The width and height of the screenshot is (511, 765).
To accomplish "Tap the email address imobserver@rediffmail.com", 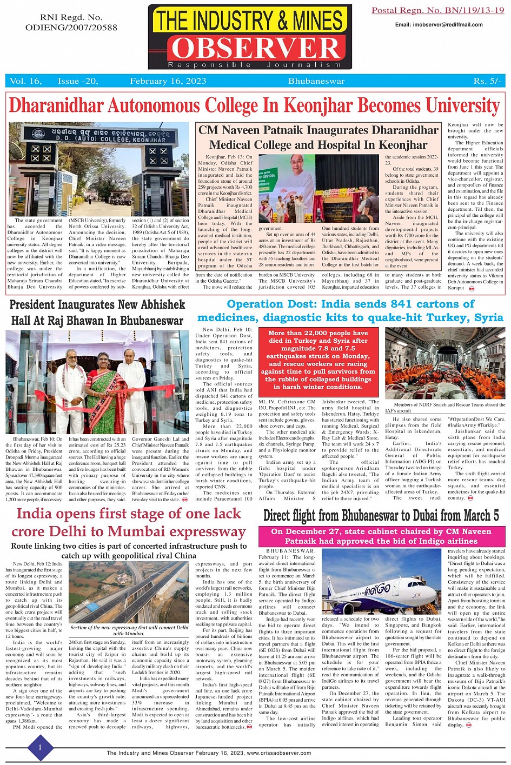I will click(x=439, y=24).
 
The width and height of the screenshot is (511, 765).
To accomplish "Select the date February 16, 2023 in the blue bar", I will click(x=168, y=81).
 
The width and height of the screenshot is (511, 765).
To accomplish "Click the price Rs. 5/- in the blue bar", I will click(x=487, y=81).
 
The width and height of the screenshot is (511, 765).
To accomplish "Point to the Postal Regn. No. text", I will click(x=437, y=11).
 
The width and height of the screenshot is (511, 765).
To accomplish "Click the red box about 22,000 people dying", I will click(x=318, y=360).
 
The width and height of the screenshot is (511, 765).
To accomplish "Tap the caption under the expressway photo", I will click(x=129, y=630).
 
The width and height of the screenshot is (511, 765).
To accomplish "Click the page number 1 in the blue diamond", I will click(x=39, y=748).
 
